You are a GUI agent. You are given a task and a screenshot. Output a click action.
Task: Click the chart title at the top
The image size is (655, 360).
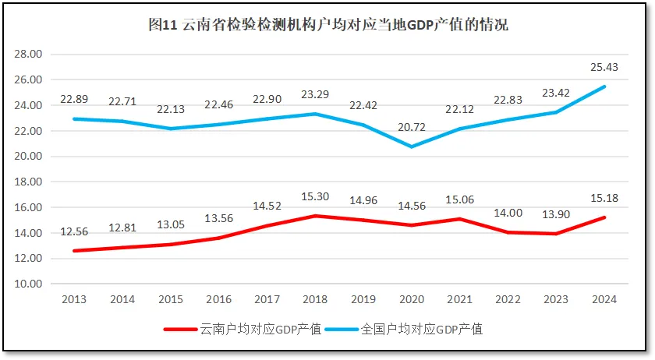pyautogui.click(x=327, y=26)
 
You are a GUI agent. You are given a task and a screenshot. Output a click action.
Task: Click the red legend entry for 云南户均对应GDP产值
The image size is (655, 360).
pyautogui.click(x=243, y=329)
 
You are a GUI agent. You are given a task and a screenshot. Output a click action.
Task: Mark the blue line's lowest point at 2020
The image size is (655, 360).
pyautogui.click(x=411, y=146)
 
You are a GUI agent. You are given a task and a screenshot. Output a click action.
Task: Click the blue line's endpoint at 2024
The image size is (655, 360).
pyautogui.click(x=605, y=86)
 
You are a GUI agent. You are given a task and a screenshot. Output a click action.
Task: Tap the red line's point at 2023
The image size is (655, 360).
pyautogui.click(x=557, y=234)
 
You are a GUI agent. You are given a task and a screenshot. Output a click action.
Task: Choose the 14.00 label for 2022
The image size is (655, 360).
pyautogui.click(x=508, y=213)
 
